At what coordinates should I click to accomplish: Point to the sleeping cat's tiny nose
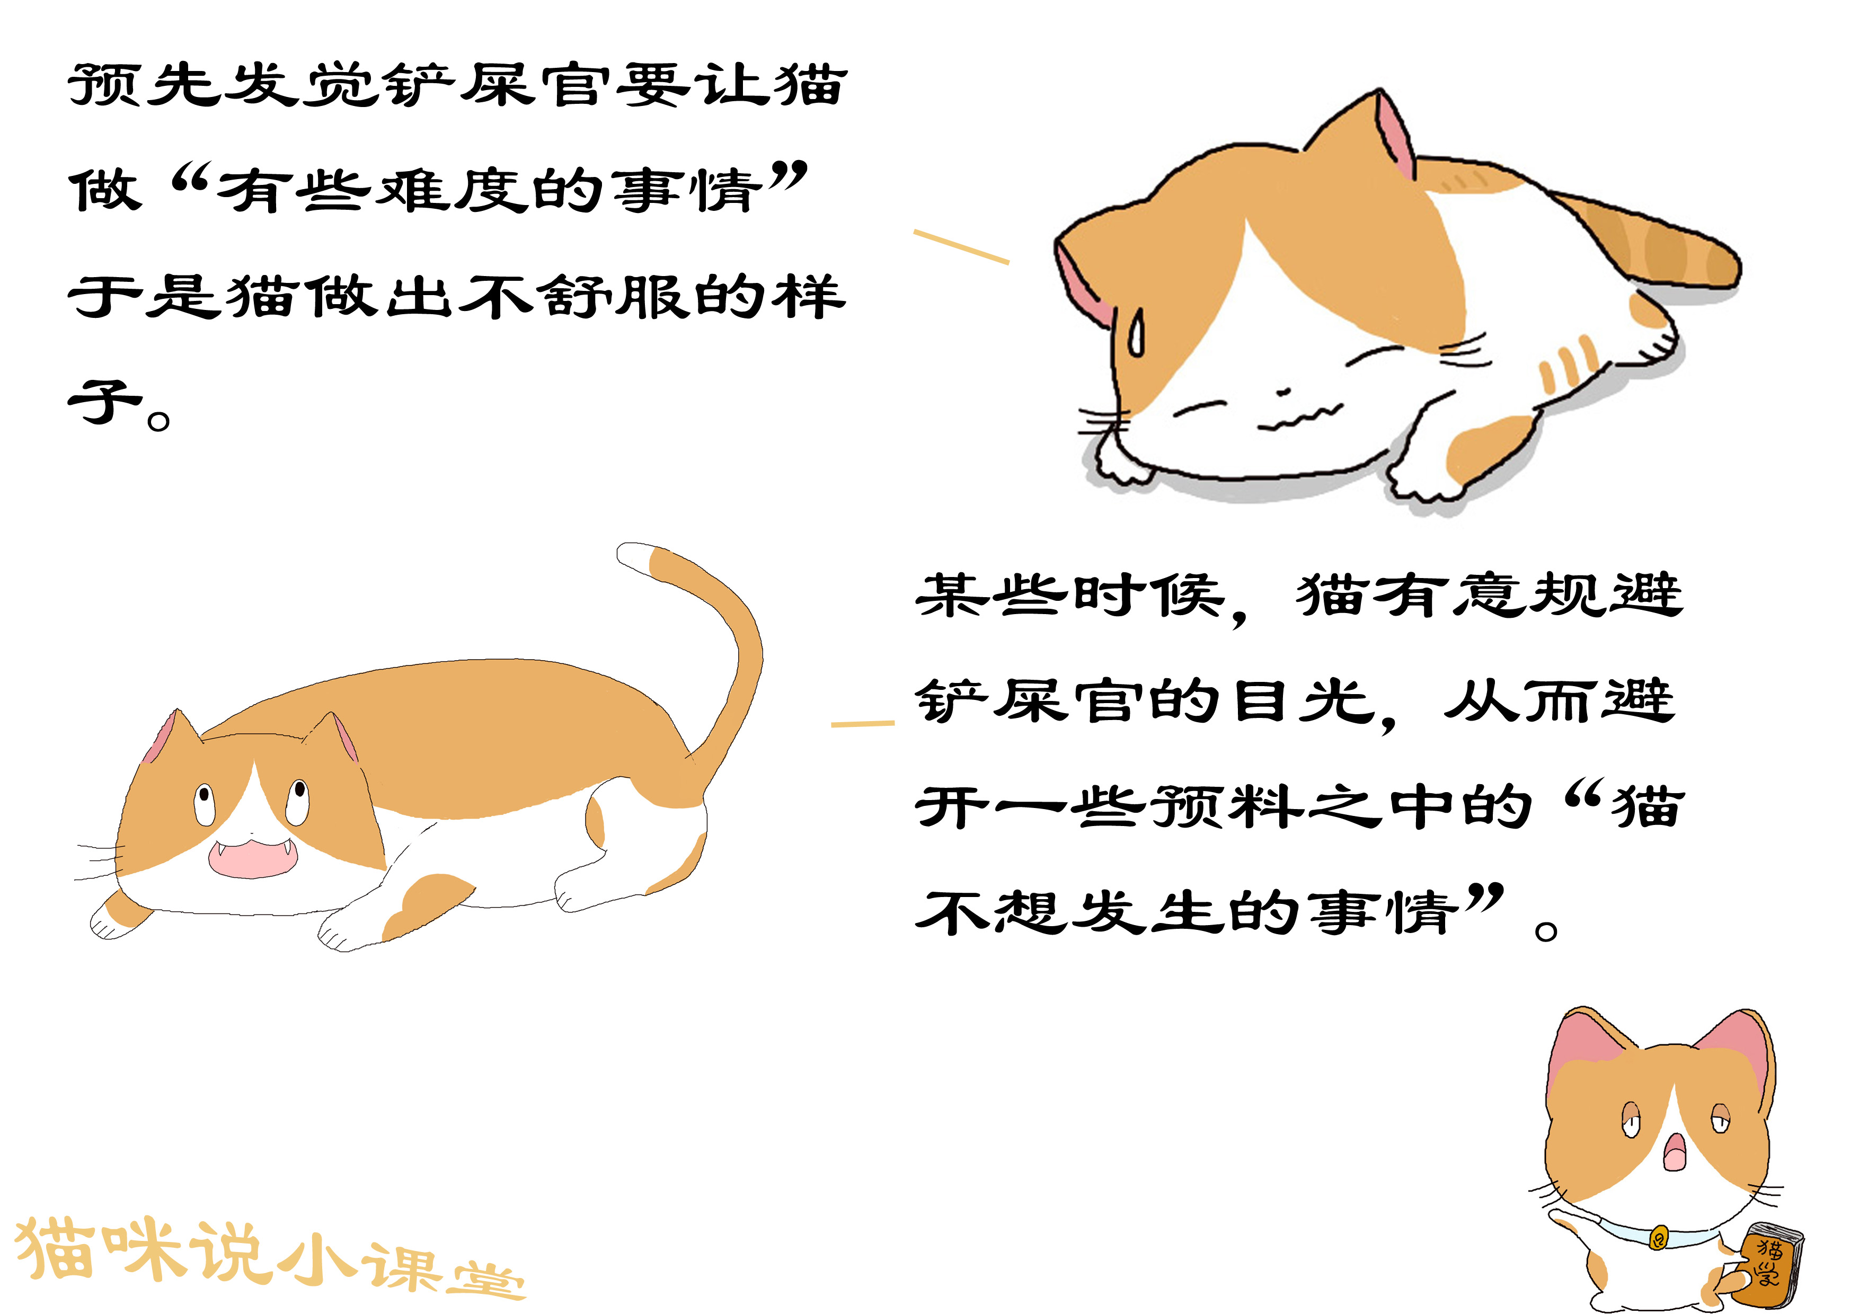point(1283,392)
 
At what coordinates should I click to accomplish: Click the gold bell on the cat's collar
point(1658,1237)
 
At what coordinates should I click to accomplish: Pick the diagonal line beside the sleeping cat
point(961,247)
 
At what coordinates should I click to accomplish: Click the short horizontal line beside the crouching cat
point(862,723)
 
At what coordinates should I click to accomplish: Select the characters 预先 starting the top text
point(146,85)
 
